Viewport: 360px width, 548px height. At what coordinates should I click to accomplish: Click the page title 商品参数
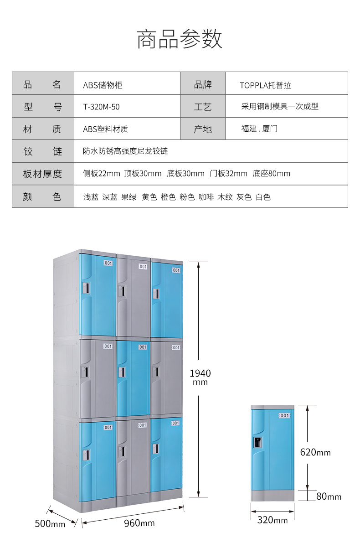[180, 39]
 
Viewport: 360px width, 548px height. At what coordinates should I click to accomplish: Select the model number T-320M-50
[101, 107]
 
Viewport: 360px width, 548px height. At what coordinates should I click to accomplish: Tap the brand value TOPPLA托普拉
[265, 85]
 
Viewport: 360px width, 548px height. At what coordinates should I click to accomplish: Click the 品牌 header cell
[203, 85]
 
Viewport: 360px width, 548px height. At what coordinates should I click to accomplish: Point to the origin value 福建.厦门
[259, 129]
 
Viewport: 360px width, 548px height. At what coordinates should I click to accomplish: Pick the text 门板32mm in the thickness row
[228, 173]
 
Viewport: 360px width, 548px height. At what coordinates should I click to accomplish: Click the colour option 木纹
[225, 197]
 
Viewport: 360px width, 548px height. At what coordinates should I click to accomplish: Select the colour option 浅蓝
[91, 197]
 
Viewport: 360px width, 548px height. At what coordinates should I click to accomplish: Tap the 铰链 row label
[43, 151]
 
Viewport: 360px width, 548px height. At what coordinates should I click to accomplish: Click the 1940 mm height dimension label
[201, 377]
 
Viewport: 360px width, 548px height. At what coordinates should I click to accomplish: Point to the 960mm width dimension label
[139, 523]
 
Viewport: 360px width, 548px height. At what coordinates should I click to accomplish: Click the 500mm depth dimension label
[50, 524]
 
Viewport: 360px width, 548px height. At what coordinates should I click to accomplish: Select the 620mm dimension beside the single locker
[315, 452]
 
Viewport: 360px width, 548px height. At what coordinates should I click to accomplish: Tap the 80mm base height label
[329, 496]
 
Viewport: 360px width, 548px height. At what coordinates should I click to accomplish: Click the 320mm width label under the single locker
[273, 520]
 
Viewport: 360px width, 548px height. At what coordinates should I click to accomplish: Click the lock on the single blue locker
[257, 443]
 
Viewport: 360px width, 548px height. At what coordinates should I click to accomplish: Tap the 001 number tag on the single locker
[284, 415]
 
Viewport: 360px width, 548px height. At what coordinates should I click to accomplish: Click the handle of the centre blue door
[122, 372]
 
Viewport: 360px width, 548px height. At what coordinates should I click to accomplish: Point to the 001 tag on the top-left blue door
[108, 263]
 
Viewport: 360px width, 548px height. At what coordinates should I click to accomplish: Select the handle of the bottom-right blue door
[155, 449]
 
